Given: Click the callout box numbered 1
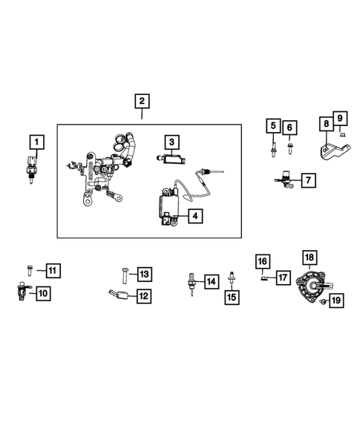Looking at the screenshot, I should [36, 140].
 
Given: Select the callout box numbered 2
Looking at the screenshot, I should [141, 102].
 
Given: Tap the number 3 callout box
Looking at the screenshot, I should [171, 141].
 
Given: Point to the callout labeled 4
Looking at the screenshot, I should [193, 217].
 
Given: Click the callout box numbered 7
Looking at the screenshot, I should [307, 180].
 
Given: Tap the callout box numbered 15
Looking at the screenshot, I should [232, 296].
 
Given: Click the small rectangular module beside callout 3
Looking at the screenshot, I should [170, 158].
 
